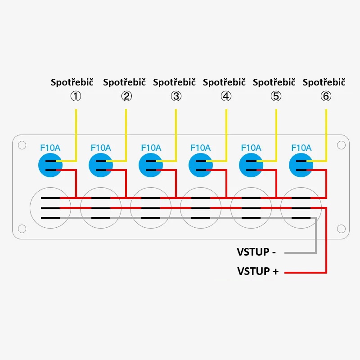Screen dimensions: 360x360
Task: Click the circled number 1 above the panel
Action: (76, 96)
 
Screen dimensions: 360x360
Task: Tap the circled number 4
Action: (226, 96)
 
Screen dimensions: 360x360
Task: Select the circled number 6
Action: (326, 96)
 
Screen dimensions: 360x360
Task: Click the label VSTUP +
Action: (258, 271)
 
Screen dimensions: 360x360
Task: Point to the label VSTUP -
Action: (256, 252)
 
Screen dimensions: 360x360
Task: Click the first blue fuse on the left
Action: (50, 165)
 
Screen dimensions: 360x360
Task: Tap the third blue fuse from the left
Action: (151, 165)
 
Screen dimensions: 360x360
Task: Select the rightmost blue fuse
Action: (301, 165)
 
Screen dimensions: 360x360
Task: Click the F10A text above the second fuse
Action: (101, 148)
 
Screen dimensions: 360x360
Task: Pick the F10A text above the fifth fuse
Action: (251, 148)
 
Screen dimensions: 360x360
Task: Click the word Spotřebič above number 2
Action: (124, 82)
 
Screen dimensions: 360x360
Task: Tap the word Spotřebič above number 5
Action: (274, 82)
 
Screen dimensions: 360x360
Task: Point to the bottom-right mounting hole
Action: (341, 229)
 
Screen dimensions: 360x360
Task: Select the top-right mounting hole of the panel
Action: (341, 145)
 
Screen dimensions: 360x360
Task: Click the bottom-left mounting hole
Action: (22, 229)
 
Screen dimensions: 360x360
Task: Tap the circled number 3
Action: (176, 96)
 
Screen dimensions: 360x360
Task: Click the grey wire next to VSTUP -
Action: (299, 252)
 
